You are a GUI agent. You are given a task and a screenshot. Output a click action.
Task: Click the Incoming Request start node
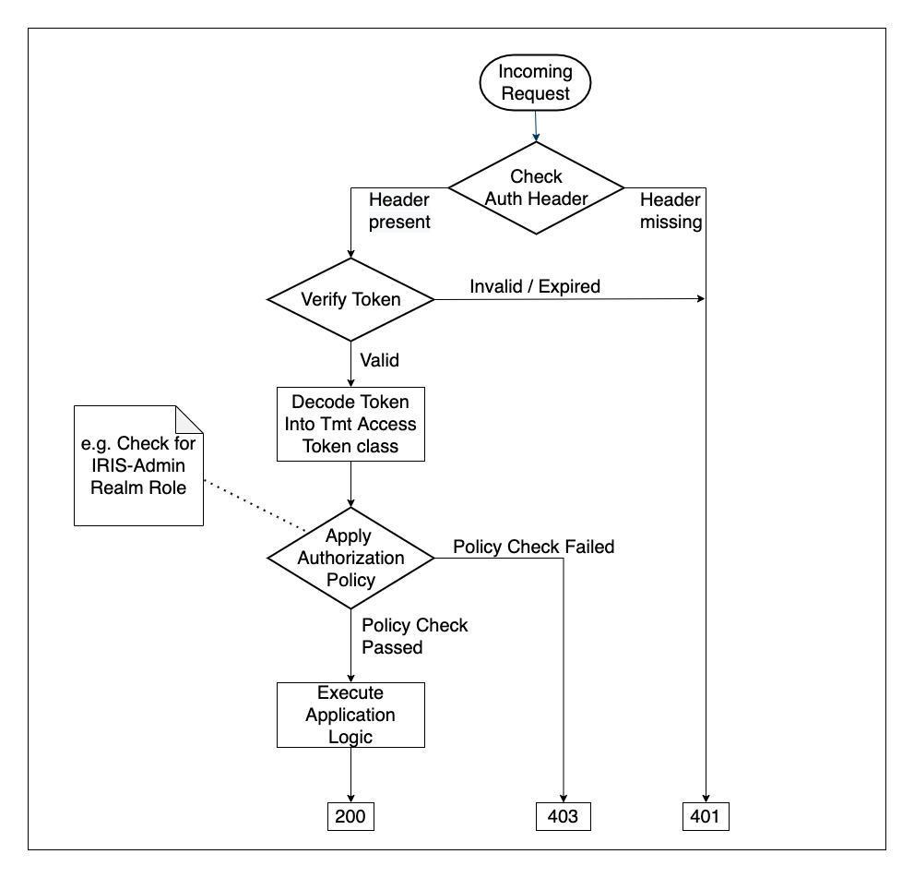tap(535, 83)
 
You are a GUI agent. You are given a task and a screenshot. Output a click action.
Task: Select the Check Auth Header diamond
tap(535, 187)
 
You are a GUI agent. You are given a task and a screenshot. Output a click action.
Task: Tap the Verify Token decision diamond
tap(350, 299)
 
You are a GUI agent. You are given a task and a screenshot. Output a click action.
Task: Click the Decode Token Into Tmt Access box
tap(350, 424)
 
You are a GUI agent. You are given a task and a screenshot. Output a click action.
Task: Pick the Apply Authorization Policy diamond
tap(350, 558)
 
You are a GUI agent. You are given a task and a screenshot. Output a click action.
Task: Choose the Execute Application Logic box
tap(350, 715)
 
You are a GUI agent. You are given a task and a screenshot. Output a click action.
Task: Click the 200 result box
tap(350, 816)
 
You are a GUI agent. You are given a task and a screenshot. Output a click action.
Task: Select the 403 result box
tap(563, 816)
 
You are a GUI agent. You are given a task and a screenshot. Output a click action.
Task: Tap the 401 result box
tap(706, 816)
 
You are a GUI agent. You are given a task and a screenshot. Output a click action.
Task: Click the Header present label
tap(399, 210)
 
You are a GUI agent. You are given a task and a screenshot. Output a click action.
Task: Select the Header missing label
tap(671, 210)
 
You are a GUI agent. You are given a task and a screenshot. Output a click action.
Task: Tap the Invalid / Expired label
tap(535, 286)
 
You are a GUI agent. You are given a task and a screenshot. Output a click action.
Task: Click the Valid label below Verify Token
tap(379, 360)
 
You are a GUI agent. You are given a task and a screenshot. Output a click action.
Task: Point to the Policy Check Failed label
tap(533, 547)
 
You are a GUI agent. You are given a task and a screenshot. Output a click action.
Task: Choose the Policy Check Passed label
tap(414, 636)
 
